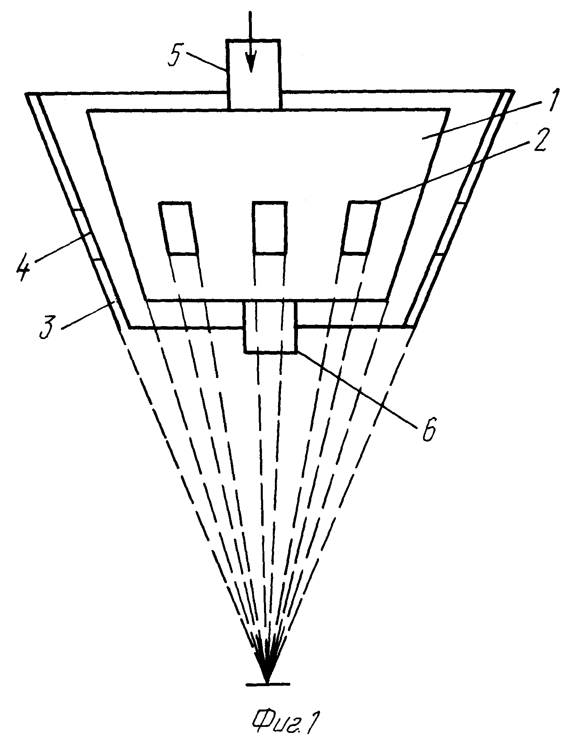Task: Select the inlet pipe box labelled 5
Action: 253,74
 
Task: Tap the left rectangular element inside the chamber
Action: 179,228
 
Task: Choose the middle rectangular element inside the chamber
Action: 270,228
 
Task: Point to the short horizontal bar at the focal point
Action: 268,684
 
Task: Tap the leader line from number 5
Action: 206,62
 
